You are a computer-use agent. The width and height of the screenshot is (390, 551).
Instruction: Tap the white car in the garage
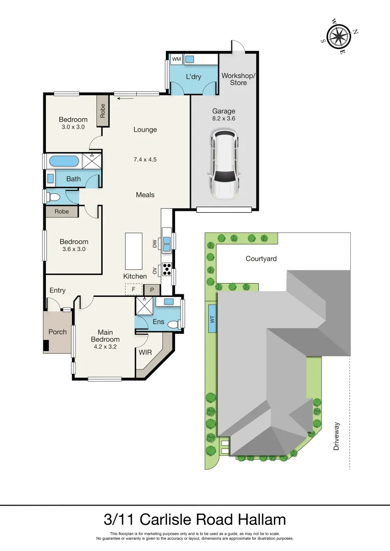click(x=224, y=164)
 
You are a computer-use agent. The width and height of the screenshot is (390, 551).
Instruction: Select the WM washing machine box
click(x=176, y=60)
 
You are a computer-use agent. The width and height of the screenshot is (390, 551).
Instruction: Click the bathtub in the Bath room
click(x=64, y=162)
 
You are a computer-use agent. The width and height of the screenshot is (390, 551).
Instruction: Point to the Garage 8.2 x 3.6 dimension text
click(x=224, y=118)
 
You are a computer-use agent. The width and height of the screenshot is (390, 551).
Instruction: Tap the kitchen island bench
click(x=134, y=251)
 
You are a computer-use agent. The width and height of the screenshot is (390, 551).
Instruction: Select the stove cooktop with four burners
click(x=166, y=269)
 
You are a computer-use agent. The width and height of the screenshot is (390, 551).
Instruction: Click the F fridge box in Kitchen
click(x=133, y=289)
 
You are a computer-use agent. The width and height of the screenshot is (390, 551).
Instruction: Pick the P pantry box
click(x=152, y=290)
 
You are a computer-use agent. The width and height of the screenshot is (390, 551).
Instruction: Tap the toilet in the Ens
click(x=174, y=324)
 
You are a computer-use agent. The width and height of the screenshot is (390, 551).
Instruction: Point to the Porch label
click(x=58, y=332)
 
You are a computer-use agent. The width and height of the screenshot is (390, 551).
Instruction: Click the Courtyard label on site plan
click(x=261, y=259)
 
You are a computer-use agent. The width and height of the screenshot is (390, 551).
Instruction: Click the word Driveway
click(x=336, y=436)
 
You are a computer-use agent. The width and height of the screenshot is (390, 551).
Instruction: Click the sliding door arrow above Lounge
click(x=127, y=98)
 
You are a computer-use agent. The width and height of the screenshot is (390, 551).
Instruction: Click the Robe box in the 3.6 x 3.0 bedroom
click(x=62, y=211)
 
